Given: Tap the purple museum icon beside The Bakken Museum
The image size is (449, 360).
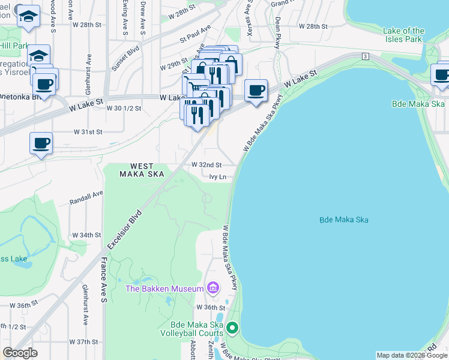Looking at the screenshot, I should point(212,289).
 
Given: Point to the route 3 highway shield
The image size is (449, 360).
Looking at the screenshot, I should point(365,56).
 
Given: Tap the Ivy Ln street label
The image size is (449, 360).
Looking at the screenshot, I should point(218,177).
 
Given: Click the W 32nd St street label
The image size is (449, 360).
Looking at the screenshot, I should point(206,164).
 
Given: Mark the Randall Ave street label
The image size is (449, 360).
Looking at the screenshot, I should point(86,197).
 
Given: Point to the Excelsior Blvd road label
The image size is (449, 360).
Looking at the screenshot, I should point(125,230).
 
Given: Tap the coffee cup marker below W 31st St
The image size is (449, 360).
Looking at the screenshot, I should point(41,144).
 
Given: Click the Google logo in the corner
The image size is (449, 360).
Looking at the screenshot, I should point(20,353).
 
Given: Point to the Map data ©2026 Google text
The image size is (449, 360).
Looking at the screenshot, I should point(412,355).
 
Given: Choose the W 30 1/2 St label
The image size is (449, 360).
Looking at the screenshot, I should point(124,109).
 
